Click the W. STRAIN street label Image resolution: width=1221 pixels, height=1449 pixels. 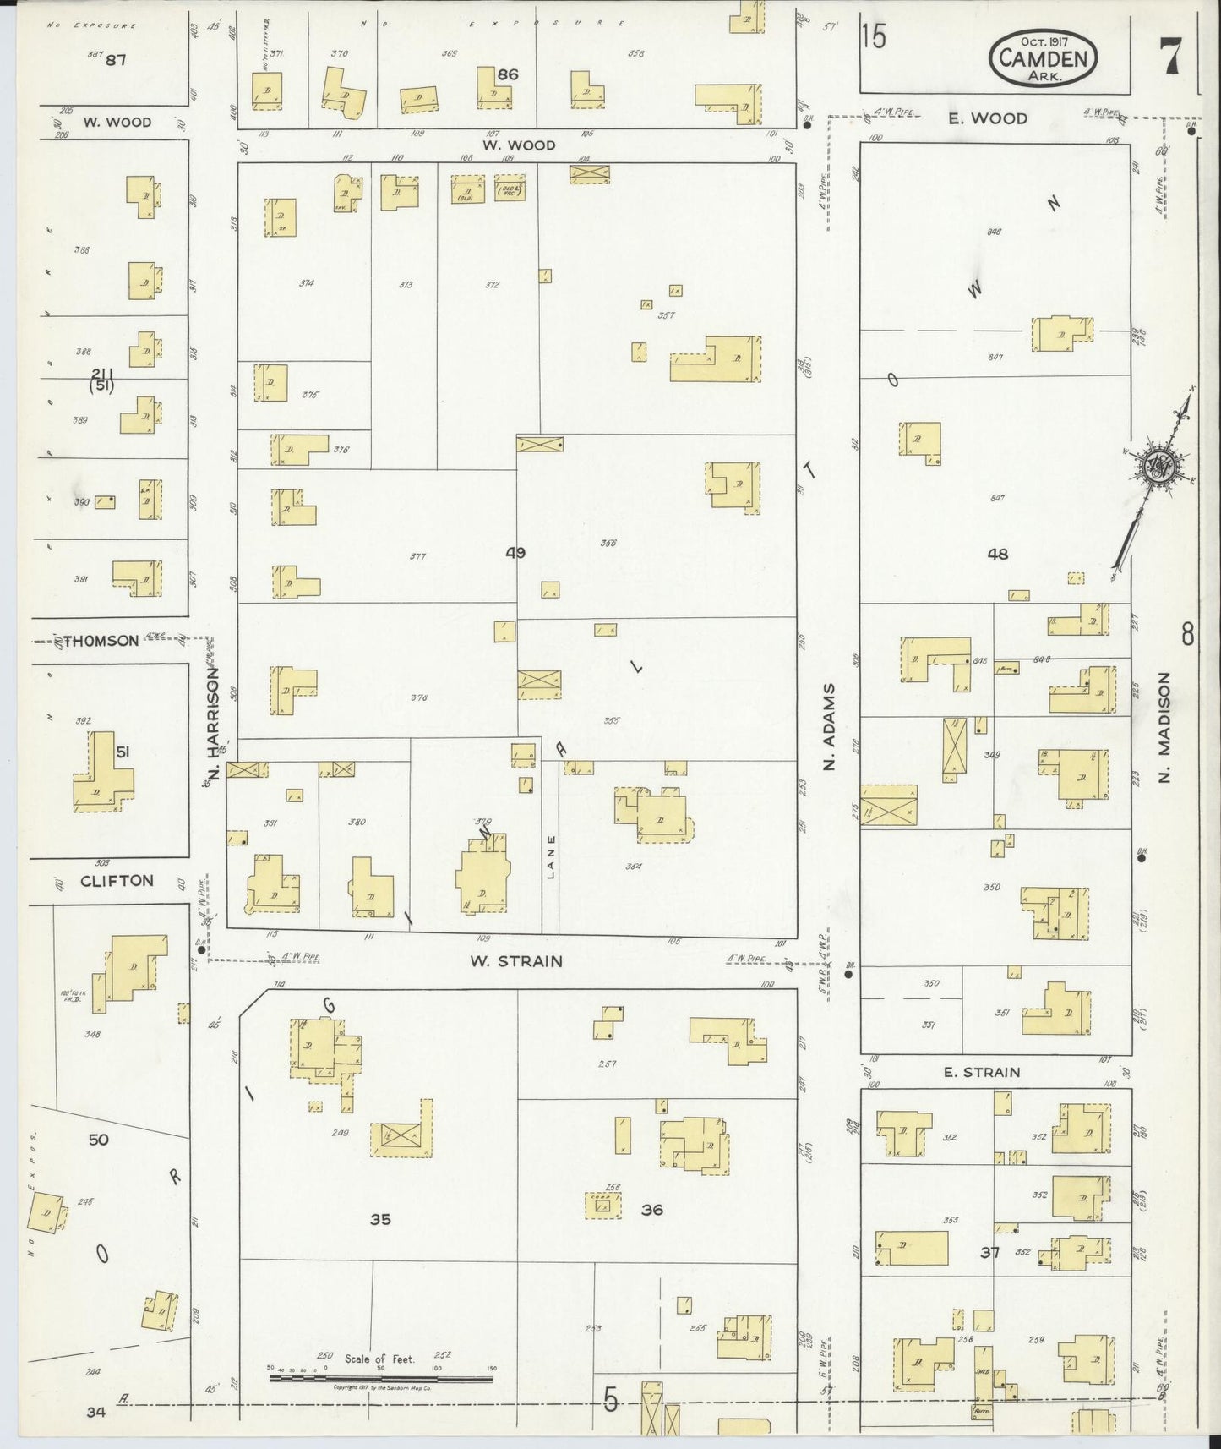click(x=516, y=961)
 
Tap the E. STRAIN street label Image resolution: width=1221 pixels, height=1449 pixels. click(x=981, y=1072)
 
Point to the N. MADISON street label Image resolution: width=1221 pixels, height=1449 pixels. click(x=1165, y=727)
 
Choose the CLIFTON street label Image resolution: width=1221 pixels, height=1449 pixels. click(x=117, y=880)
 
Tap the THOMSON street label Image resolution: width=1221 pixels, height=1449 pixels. click(x=100, y=641)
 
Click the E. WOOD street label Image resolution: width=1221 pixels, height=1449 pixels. click(x=987, y=118)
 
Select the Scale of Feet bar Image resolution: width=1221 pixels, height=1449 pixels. click(x=380, y=1379)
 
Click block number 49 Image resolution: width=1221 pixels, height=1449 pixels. click(x=515, y=553)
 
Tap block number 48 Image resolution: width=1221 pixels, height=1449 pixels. click(x=997, y=555)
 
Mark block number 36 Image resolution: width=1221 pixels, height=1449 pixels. click(x=651, y=1210)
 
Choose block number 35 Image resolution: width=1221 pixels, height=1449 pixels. click(x=380, y=1218)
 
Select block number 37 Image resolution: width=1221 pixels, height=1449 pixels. click(x=989, y=1252)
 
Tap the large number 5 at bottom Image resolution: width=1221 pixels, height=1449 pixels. click(x=610, y=1401)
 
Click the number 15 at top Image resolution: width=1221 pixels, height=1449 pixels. click(x=875, y=37)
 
